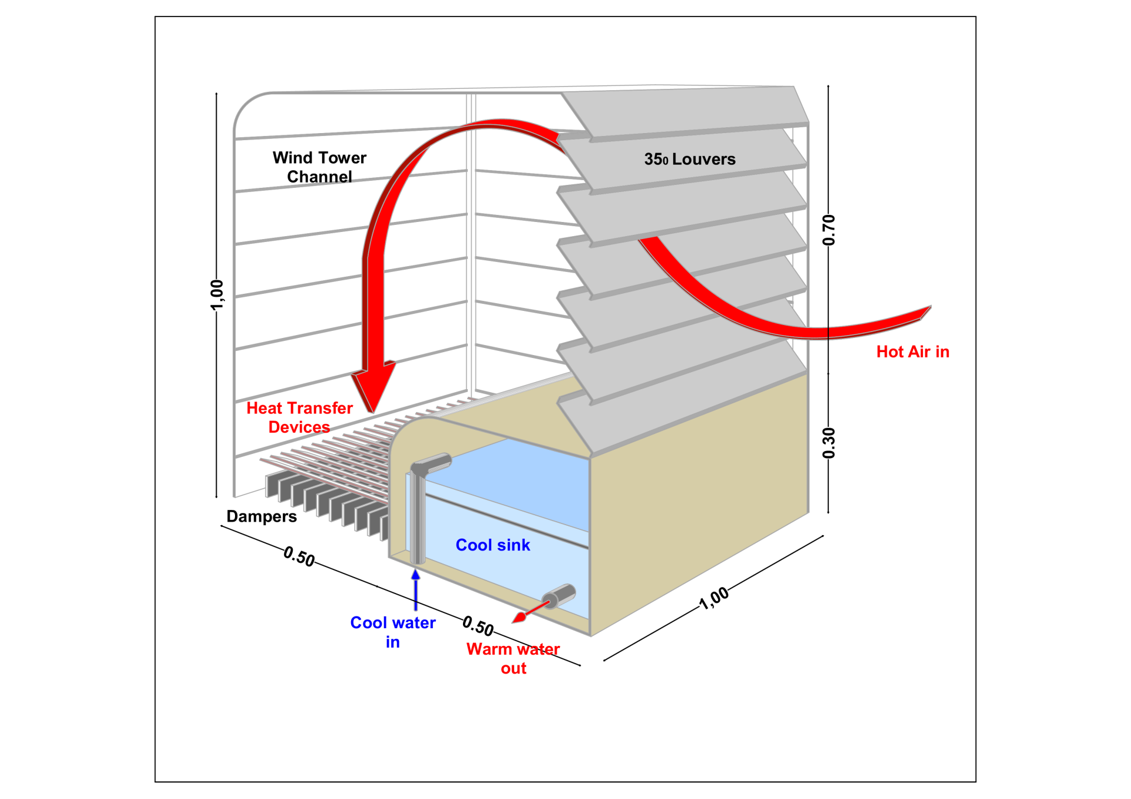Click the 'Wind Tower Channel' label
pos(319,167)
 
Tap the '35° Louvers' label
pos(689,159)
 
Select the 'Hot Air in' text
pos(912,352)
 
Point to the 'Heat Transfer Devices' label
pos(299,417)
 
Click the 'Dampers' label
pos(262,516)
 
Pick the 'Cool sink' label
pos(492,545)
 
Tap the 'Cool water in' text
pos(393,632)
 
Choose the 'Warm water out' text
pos(513,658)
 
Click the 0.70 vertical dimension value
pos(829,230)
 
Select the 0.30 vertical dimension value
pos(829,443)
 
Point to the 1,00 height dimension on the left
pos(217,294)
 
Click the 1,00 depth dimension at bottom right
pos(714,598)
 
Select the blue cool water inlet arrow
pos(416,589)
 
